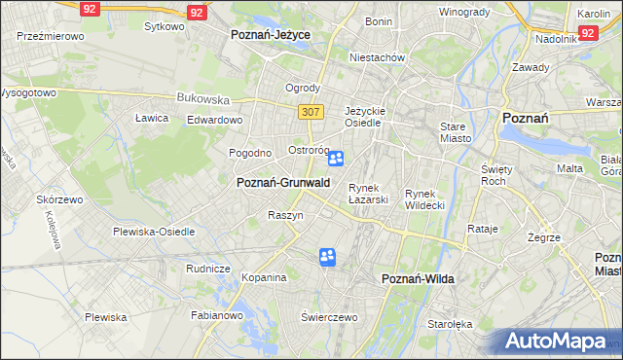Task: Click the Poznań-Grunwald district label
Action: point(283,182)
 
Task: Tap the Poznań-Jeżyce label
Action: point(270,34)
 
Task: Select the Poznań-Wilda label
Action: point(418,279)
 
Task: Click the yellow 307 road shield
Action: point(311,112)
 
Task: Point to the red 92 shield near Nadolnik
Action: point(587,33)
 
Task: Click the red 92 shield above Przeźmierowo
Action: point(90,8)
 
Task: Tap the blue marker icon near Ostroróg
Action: point(336,159)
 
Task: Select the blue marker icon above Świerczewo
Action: point(328,257)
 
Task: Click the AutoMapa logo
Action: point(560,342)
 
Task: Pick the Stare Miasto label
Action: point(455,132)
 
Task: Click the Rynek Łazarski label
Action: point(369,193)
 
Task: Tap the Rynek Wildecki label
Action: point(424,198)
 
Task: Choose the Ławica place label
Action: point(152,118)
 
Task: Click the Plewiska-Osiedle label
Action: point(154,232)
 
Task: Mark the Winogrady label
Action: point(463,12)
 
